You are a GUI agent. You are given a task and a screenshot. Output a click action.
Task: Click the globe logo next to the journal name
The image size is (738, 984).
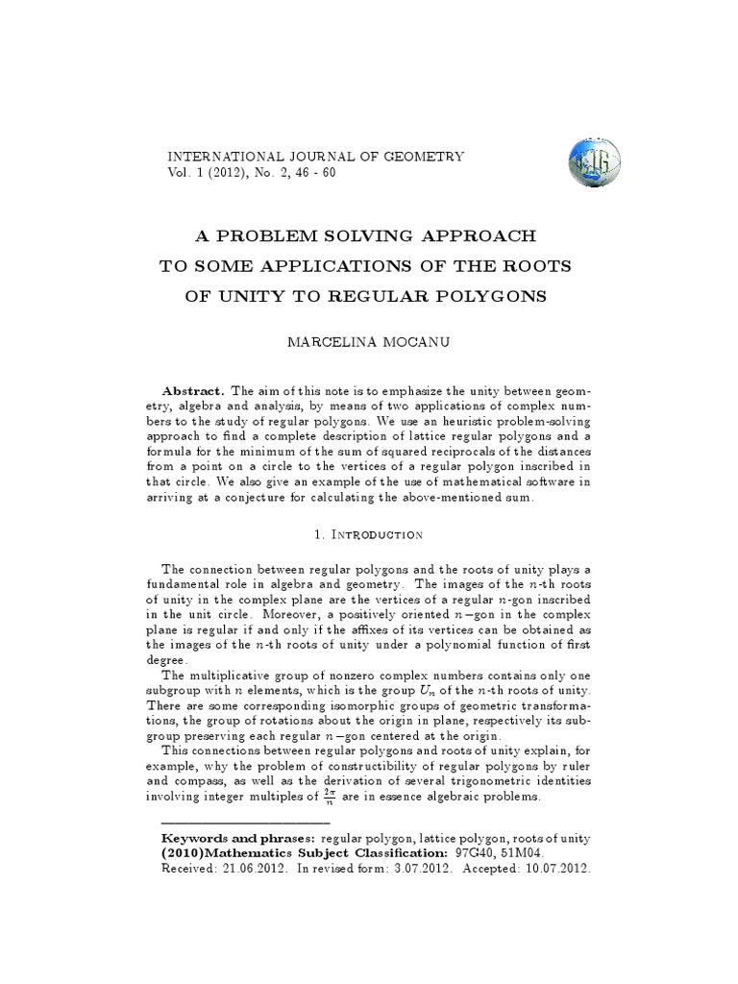[595, 161]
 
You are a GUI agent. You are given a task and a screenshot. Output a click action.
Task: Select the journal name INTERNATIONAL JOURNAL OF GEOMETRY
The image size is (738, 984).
[316, 156]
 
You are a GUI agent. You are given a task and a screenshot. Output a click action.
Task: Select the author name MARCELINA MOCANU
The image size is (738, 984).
[369, 341]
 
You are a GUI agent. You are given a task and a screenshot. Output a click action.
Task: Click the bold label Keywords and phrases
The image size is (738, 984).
[238, 839]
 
